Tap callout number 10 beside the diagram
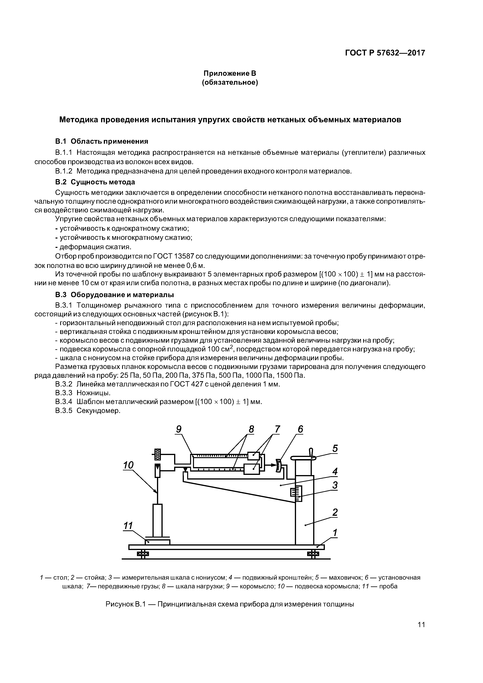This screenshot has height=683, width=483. point(128,465)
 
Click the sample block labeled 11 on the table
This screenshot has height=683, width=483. point(157,542)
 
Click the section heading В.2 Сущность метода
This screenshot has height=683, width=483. point(95,182)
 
